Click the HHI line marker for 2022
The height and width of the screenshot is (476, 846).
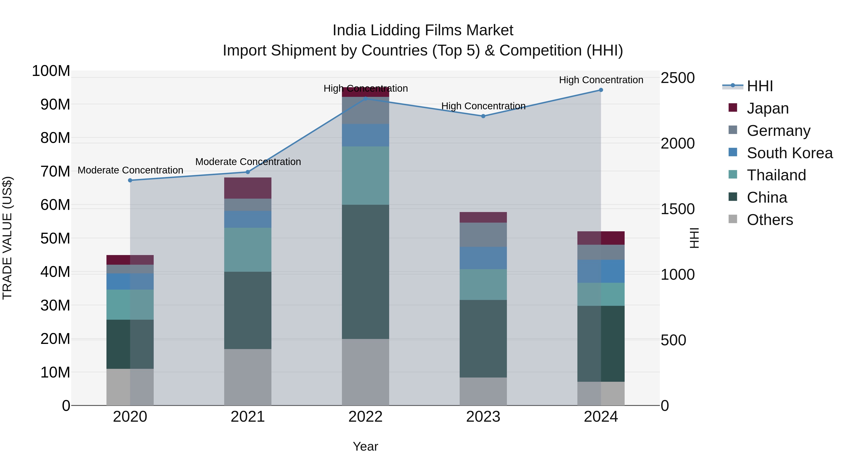[x=365, y=98]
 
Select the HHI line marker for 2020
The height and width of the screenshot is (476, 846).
[x=130, y=180]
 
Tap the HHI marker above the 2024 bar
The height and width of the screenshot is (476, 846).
[x=601, y=90]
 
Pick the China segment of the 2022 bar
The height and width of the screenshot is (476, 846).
[x=365, y=272]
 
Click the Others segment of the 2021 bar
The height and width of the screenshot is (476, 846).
[x=248, y=377]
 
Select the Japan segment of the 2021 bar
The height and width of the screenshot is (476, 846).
[x=248, y=188]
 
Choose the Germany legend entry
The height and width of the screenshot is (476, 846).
[x=778, y=131]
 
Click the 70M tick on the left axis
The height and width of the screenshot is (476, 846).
[x=55, y=172]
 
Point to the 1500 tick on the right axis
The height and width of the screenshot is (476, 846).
[x=677, y=209]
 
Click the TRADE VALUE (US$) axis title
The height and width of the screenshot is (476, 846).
[x=7, y=238]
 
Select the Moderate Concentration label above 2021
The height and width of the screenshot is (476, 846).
[x=248, y=162]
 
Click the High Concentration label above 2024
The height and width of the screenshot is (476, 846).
[x=601, y=80]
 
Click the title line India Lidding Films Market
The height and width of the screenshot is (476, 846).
[x=423, y=30]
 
